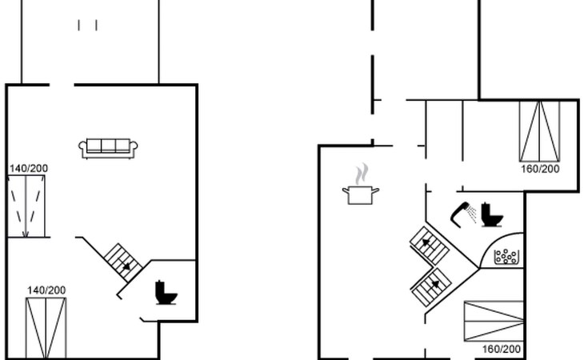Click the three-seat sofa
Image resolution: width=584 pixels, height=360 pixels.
108,148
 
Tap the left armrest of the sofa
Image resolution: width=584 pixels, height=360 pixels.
82,146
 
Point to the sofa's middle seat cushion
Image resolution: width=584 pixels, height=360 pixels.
108,146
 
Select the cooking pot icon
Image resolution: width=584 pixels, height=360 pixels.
360,194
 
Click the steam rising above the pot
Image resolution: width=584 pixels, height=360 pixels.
362,172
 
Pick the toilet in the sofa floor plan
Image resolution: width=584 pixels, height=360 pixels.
166,293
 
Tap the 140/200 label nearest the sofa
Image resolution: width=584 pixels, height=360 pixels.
29,169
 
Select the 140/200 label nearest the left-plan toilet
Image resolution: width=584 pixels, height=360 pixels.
46,290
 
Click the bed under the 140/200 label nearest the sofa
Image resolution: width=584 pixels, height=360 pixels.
26,206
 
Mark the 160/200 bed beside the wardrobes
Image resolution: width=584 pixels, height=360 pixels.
539,130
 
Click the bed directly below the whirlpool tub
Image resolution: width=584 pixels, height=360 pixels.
494,321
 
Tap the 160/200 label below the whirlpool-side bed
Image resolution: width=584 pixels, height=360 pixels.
502,350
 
